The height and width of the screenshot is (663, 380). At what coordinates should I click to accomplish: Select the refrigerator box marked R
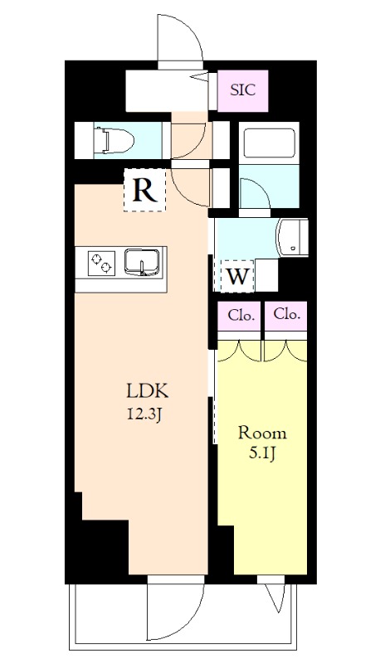(144, 190)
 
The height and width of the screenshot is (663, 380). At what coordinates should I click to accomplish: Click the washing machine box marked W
(236, 276)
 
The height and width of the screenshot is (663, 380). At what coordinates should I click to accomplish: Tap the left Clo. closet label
(239, 315)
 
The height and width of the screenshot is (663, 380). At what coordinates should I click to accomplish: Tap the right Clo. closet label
(286, 315)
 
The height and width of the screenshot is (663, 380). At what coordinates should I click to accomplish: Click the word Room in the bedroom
(262, 433)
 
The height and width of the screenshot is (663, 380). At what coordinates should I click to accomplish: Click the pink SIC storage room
(247, 90)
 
